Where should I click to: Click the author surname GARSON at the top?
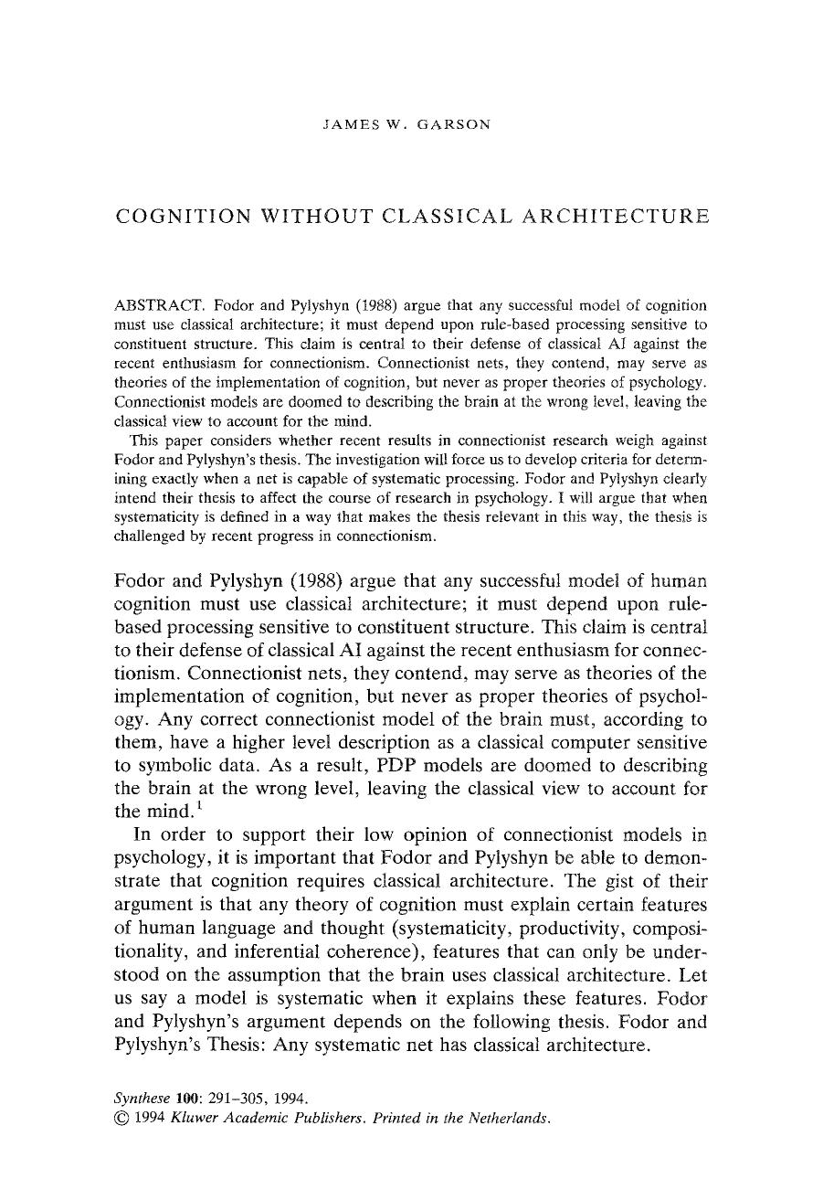point(454,124)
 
